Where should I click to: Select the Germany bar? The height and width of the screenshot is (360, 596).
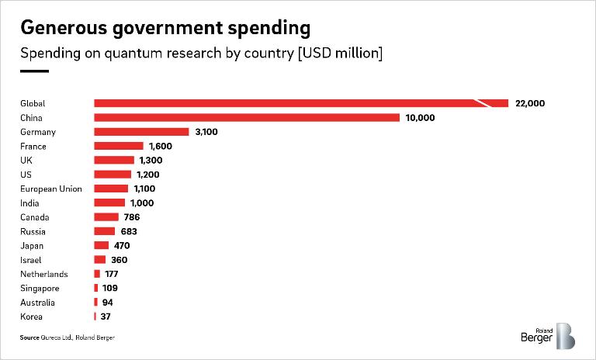(141, 132)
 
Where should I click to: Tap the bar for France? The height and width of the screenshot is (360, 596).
(119, 146)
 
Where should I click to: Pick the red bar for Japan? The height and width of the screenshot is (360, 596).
(102, 246)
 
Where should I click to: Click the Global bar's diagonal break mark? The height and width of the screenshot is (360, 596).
(483, 103)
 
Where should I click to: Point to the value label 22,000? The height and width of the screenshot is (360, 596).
(531, 103)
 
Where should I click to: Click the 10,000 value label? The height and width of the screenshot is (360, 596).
(420, 118)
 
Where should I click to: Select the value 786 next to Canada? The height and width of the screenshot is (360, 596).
(131, 217)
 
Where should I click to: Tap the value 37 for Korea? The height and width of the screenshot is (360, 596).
(106, 317)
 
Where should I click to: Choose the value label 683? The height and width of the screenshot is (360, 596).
(128, 231)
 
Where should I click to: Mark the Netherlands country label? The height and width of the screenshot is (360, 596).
(44, 274)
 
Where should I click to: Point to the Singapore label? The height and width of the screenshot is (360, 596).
(40, 288)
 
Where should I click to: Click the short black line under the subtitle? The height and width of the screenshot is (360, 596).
(34, 72)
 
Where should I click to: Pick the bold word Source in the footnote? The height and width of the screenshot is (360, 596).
(29, 337)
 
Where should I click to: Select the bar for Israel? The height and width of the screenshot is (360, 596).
(100, 260)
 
